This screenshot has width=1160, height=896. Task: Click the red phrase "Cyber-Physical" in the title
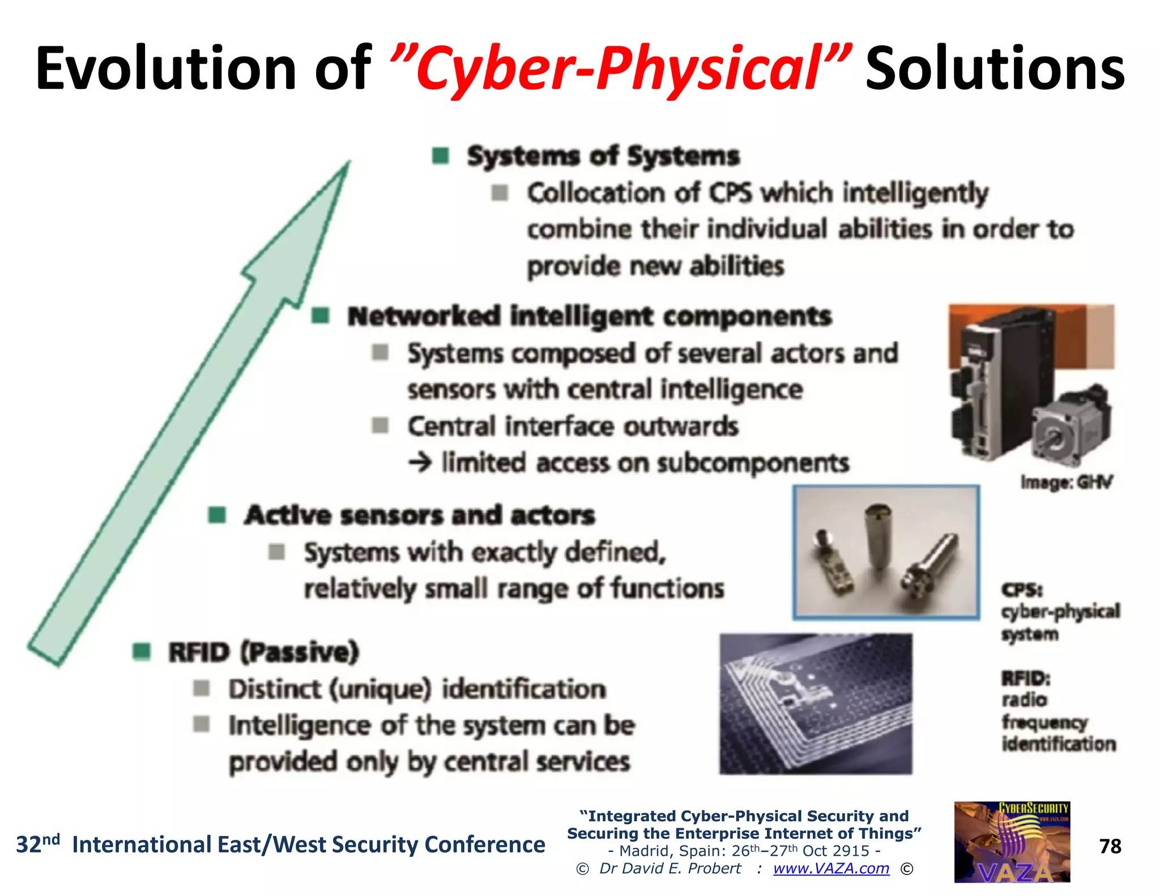click(620, 69)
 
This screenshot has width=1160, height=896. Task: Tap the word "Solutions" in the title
click(995, 69)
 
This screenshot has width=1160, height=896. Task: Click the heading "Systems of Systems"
click(603, 156)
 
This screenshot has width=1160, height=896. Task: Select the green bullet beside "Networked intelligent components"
click(321, 315)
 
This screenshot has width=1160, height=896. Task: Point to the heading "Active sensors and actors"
click(419, 515)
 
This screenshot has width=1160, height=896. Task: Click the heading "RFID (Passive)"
click(263, 652)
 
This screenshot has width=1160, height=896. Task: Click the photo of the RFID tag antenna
click(816, 703)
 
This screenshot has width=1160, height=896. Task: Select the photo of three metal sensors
click(886, 552)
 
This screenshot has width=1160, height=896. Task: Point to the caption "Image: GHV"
click(1066, 483)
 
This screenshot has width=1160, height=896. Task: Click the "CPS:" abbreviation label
click(1022, 590)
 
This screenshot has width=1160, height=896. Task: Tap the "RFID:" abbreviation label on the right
click(1026, 678)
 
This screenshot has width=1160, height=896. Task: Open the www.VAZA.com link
click(831, 868)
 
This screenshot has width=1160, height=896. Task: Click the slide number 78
click(1110, 846)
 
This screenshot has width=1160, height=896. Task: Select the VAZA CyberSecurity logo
click(1012, 842)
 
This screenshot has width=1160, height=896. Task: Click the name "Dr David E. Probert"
click(670, 868)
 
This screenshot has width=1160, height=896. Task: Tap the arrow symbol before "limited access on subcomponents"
click(420, 463)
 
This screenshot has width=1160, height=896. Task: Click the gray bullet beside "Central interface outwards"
click(380, 425)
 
